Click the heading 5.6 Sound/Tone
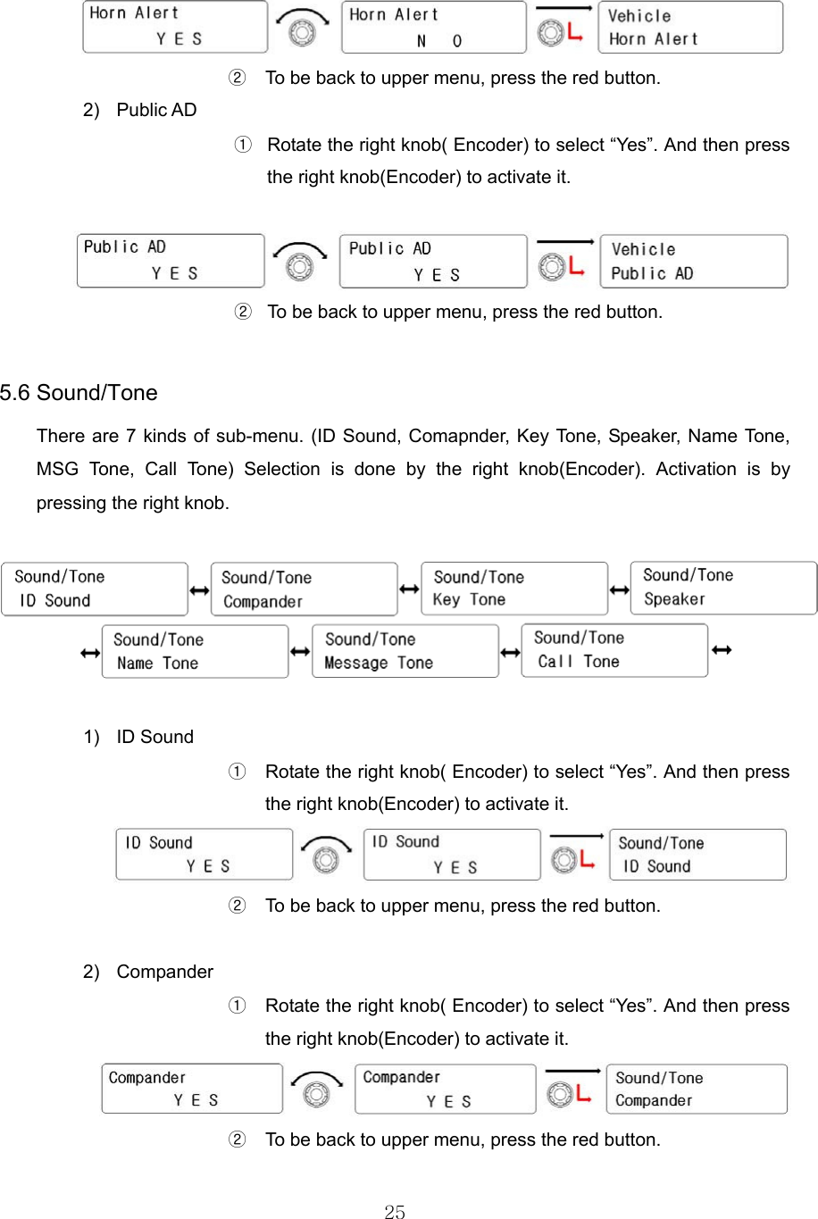pos(79,393)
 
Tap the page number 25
pos(394,1211)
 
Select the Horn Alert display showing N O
pos(434,28)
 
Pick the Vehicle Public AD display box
pos(694,262)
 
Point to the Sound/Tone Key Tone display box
pos(514,589)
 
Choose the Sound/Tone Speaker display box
pos(723,588)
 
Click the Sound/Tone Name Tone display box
pos(195,652)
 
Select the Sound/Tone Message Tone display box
pos(405,651)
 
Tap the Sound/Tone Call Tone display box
pos(614,650)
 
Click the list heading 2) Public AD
pos(140,110)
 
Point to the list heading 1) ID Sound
pos(138,737)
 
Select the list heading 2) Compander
pos(148,972)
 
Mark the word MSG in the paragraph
pos(58,469)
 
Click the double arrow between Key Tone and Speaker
pos(619,589)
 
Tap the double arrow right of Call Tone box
pos(722,649)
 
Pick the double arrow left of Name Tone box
pos(90,654)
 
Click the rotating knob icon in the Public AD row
pos(301,261)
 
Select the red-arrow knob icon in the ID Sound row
pos(572,855)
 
